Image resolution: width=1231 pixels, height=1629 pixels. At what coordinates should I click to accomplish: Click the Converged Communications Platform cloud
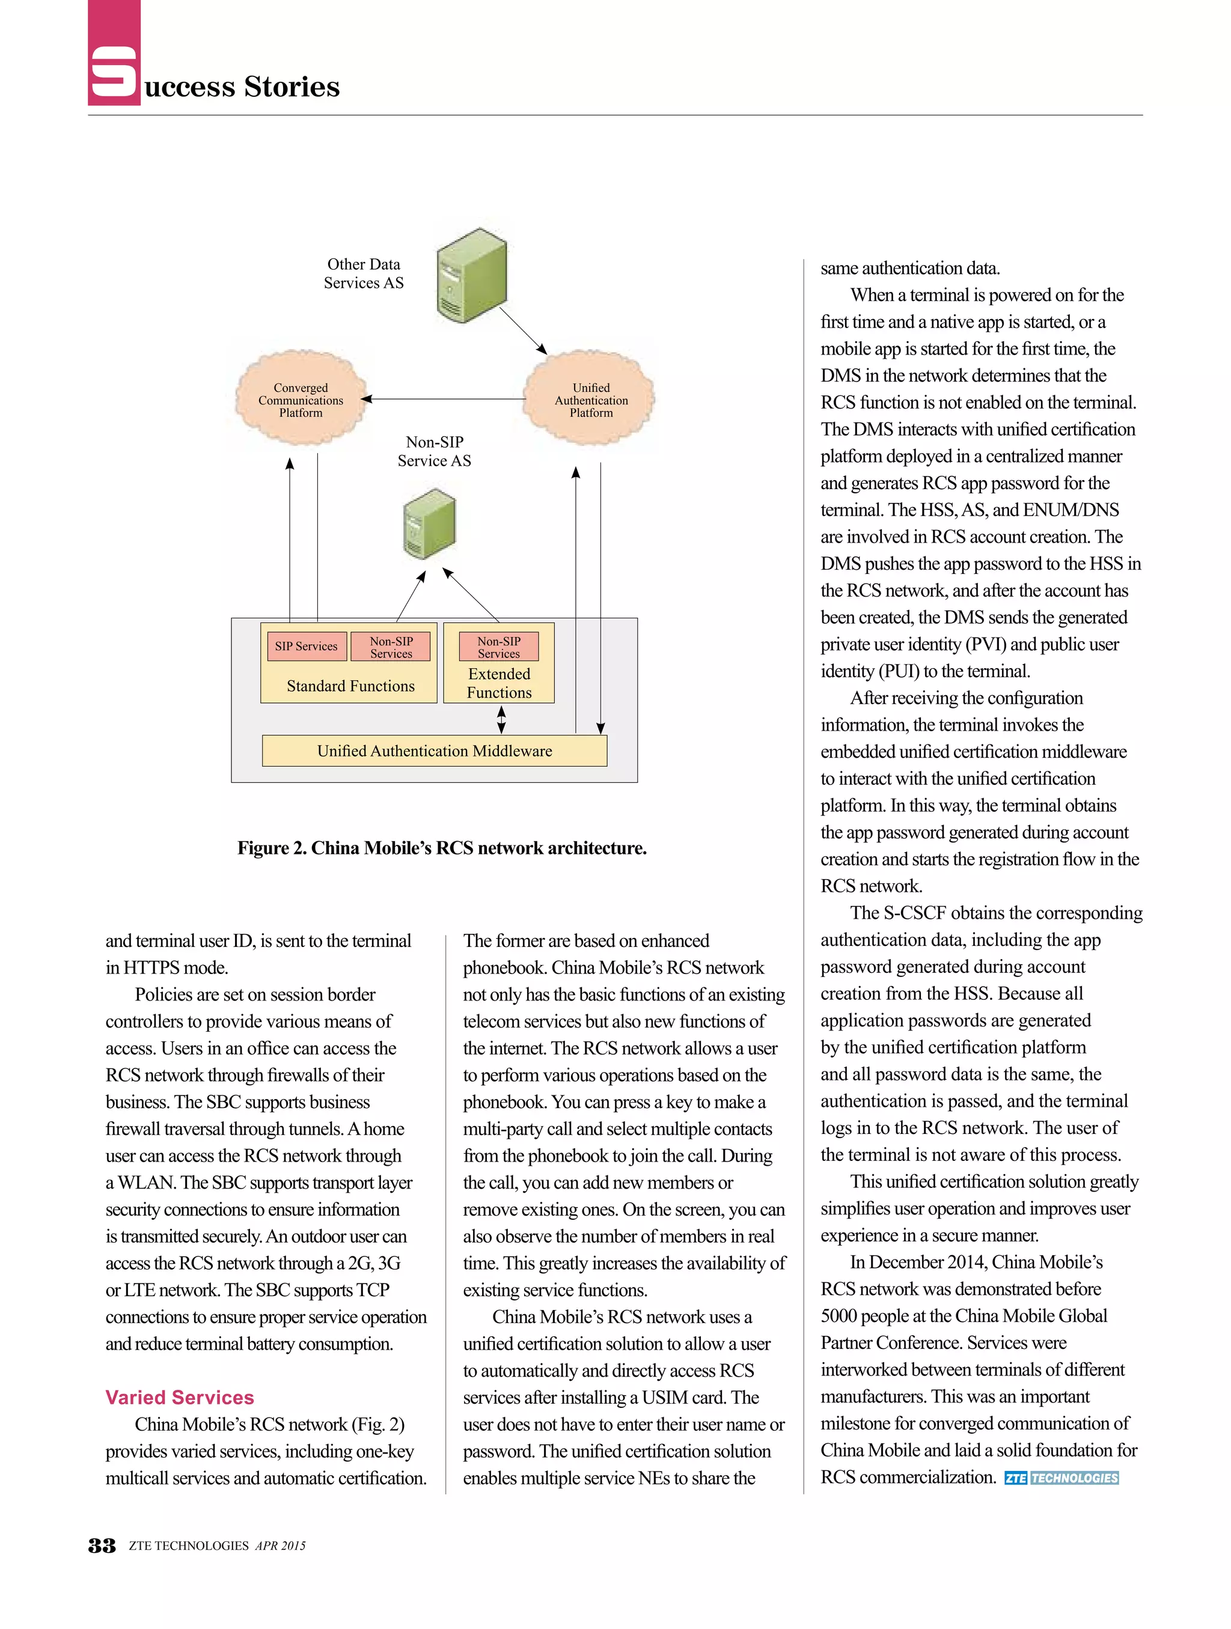pos(300,400)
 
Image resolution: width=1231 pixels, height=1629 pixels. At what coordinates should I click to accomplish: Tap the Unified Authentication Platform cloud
pos(590,400)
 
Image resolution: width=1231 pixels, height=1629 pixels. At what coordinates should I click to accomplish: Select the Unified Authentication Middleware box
pos(434,751)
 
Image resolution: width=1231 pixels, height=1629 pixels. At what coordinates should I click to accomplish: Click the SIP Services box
pos(306,646)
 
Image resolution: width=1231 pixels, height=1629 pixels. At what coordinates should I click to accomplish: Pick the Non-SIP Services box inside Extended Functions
pos(499,647)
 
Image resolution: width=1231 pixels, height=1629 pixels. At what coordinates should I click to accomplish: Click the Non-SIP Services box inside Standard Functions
pos(391,647)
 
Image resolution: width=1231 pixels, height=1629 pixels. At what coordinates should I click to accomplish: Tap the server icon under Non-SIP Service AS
pos(430,525)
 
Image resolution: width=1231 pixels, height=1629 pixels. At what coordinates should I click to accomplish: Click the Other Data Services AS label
pos(363,273)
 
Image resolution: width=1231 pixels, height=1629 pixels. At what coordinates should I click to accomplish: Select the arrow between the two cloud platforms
pos(442,399)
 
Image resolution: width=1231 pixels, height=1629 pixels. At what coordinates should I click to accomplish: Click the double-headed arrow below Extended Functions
pos(501,719)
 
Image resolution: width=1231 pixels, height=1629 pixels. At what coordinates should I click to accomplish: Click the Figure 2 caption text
pos(441,848)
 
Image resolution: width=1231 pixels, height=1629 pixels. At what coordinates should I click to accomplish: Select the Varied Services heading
pos(179,1397)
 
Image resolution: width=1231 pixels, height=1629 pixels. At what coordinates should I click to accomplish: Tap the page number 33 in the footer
pos(102,1545)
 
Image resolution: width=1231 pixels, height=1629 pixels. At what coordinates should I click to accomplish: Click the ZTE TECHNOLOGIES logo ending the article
pos(1061,1478)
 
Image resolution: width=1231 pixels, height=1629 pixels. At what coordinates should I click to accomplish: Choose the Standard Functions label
pos(350,686)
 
